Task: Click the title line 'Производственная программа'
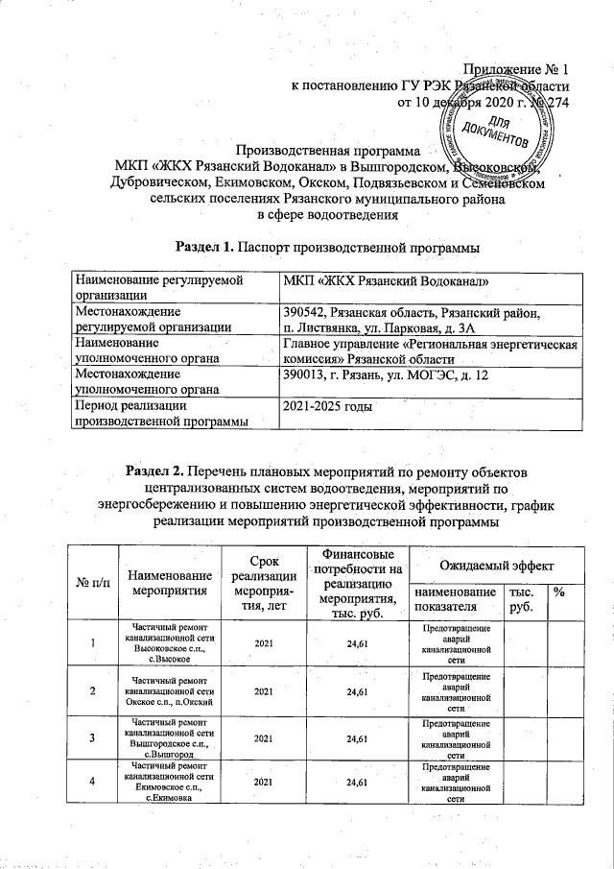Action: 329,151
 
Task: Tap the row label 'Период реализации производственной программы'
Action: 161,413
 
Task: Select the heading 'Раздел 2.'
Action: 156,471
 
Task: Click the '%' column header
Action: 557,594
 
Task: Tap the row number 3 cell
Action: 92,738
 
